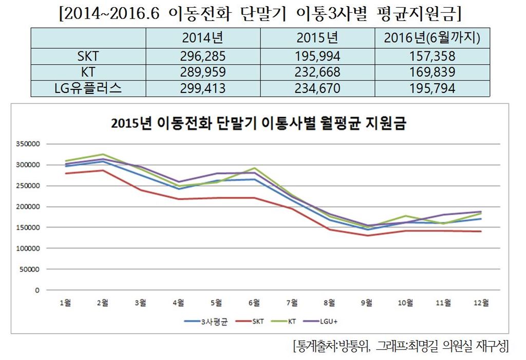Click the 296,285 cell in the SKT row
(x=203, y=56)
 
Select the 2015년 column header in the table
(x=317, y=38)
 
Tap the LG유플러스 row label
(x=88, y=88)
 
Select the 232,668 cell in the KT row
(x=317, y=72)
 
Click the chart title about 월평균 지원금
(x=258, y=124)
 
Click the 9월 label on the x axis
(x=367, y=303)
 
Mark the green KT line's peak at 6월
(x=254, y=168)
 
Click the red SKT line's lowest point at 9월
(x=367, y=236)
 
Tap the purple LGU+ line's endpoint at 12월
(x=481, y=212)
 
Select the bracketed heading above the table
(x=258, y=13)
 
